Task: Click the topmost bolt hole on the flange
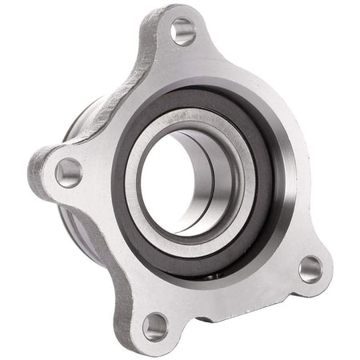(x=183, y=31)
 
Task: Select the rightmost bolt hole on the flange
(x=310, y=268)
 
